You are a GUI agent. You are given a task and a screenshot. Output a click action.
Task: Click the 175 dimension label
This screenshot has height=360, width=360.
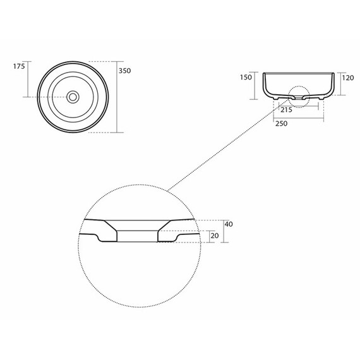(19, 66)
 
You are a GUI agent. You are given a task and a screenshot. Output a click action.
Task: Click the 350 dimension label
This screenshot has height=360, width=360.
(124, 71)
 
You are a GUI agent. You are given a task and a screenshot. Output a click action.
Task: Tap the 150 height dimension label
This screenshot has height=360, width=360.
(246, 78)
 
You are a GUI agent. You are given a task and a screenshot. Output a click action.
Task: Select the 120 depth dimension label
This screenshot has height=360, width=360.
(348, 78)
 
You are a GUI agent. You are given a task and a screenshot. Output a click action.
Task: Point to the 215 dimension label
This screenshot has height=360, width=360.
(287, 110)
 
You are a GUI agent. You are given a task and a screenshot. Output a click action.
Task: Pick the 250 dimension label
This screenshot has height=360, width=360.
(282, 124)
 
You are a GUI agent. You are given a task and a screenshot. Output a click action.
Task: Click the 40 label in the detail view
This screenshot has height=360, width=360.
(229, 224)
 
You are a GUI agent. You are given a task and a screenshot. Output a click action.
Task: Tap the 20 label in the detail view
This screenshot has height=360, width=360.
(215, 236)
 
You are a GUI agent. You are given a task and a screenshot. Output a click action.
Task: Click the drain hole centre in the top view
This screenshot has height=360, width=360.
(73, 97)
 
